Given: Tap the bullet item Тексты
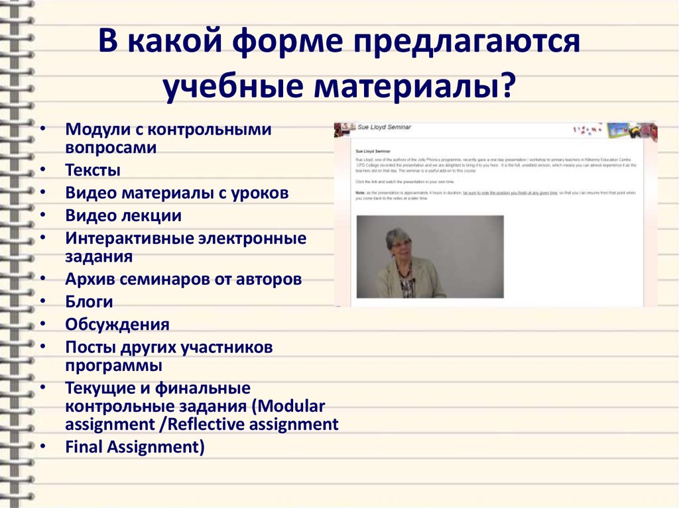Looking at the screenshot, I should point(93,170).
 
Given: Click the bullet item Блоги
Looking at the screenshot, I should point(89,302).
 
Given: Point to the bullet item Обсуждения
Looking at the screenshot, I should point(117,325).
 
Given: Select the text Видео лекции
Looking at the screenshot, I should point(123,215).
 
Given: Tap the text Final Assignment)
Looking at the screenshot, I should point(135,447).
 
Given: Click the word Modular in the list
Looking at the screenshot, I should point(294,405).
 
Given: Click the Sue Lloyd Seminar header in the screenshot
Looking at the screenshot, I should point(385,127).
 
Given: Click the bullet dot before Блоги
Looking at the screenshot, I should point(43,302).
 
